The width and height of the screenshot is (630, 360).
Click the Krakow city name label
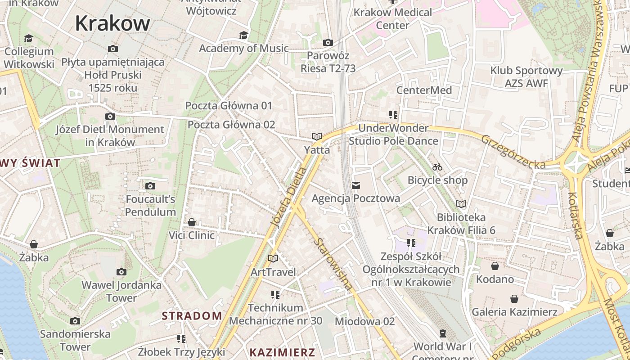pyautogui.click(x=112, y=23)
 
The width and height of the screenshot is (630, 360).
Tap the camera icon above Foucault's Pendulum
pyautogui.click(x=150, y=186)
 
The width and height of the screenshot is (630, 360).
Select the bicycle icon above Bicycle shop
pyautogui.click(x=437, y=167)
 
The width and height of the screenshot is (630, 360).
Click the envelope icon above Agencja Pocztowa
pyautogui.click(x=356, y=185)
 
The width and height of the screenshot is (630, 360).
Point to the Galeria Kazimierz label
pyautogui.click(x=514, y=312)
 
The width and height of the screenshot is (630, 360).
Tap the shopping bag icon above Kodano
pyautogui.click(x=495, y=266)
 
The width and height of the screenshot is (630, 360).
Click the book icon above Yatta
pyautogui.click(x=317, y=136)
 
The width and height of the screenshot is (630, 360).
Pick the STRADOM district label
pyautogui.click(x=192, y=316)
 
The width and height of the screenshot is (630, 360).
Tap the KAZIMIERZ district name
pyautogui.click(x=283, y=352)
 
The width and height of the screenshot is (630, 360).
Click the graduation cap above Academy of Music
pyautogui.click(x=243, y=36)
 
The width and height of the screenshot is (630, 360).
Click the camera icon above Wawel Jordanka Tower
pyautogui.click(x=121, y=272)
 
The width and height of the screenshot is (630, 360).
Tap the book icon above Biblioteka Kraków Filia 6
pyautogui.click(x=461, y=204)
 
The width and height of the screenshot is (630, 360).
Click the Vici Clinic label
pyautogui.click(x=192, y=235)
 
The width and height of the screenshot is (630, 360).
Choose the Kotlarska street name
pyautogui.click(x=576, y=216)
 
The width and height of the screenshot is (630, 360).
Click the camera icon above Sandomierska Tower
pyautogui.click(x=75, y=321)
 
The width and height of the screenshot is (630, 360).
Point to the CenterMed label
pyautogui.click(x=424, y=90)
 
